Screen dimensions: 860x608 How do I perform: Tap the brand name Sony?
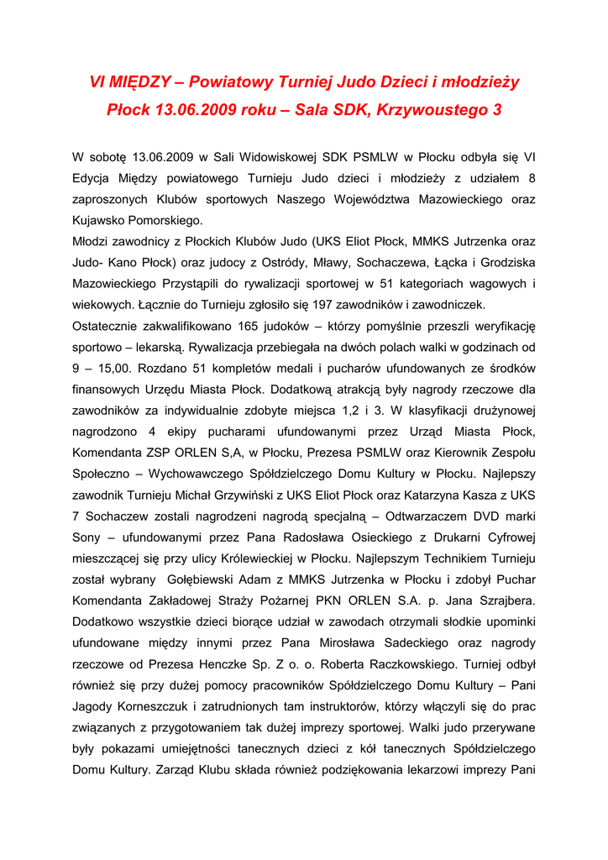pyautogui.click(x=87, y=537)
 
